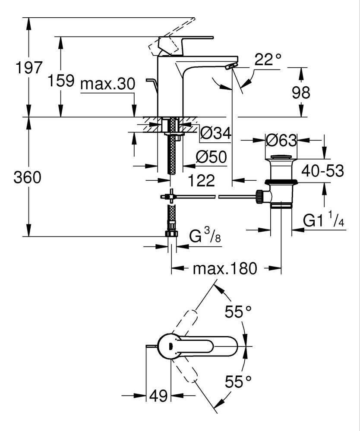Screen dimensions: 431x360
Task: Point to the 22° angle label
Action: pyautogui.click(x=267, y=60)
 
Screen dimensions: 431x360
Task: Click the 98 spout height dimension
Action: pyautogui.click(x=300, y=92)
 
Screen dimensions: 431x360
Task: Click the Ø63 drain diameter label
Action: pyautogui.click(x=281, y=140)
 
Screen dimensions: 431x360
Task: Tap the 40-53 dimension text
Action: pyautogui.click(x=323, y=171)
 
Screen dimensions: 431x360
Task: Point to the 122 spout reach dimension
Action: pyautogui.click(x=202, y=180)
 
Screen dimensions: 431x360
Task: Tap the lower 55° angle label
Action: pyautogui.click(x=238, y=381)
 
